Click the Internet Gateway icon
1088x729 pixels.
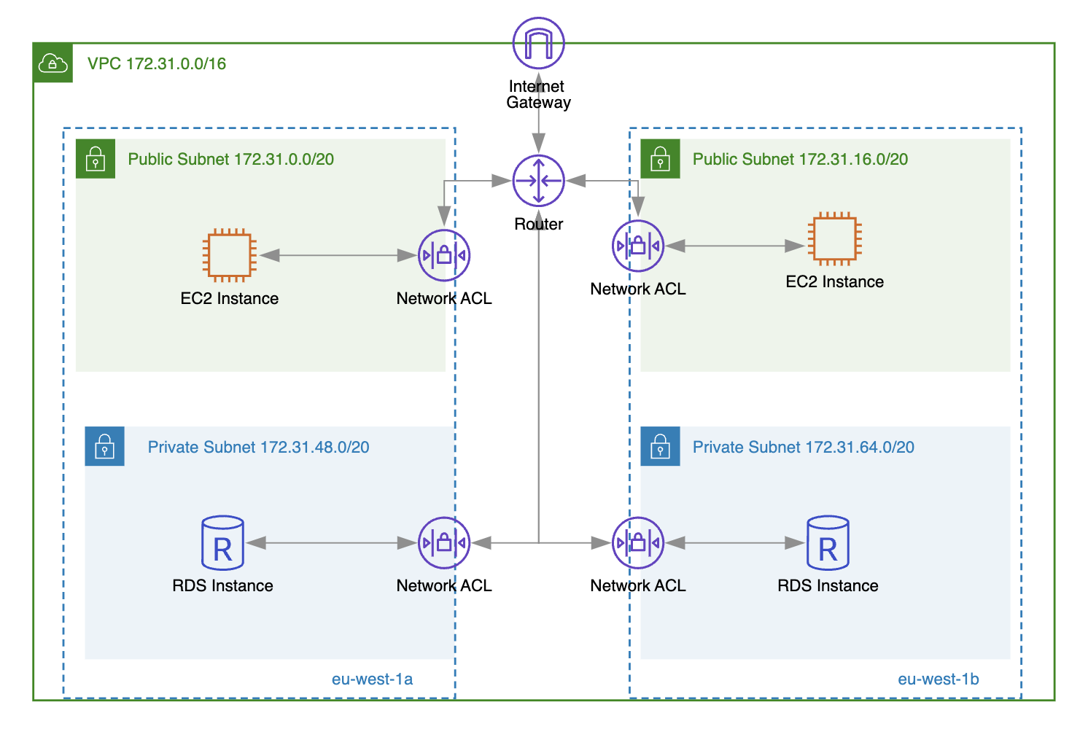(x=538, y=43)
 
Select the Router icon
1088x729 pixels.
(x=538, y=181)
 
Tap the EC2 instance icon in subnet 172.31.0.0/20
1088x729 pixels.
(x=229, y=255)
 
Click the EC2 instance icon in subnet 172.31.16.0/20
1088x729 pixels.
(x=834, y=238)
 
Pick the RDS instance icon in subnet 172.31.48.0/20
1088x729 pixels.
(x=222, y=543)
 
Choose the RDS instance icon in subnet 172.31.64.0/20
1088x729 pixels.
(x=828, y=543)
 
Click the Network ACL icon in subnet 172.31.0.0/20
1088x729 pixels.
(x=443, y=255)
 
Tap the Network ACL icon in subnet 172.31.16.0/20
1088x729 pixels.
(x=637, y=246)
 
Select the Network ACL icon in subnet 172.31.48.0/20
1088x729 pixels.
(x=443, y=543)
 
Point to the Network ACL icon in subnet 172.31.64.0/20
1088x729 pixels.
(x=637, y=543)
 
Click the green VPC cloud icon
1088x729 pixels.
(x=53, y=63)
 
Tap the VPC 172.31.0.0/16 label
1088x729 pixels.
(x=157, y=63)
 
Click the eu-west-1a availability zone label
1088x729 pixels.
(x=372, y=679)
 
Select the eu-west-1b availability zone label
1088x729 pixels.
(x=938, y=679)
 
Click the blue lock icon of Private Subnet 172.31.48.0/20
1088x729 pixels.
(x=104, y=446)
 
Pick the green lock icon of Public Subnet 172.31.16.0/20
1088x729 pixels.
(x=660, y=159)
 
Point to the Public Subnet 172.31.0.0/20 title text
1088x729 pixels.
(x=230, y=159)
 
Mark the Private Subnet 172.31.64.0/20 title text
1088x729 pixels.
(x=803, y=447)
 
